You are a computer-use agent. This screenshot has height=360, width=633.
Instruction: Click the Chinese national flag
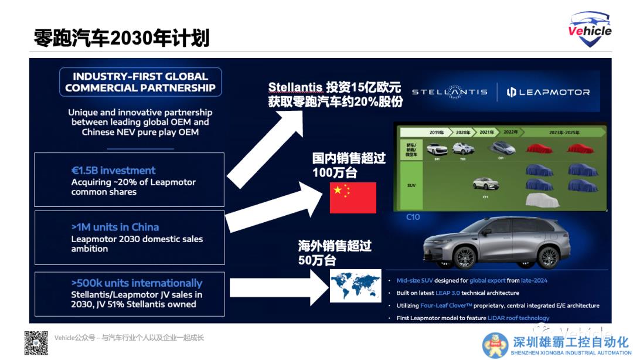click(x=353, y=198)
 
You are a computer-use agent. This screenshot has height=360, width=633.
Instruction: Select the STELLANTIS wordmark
click(x=450, y=92)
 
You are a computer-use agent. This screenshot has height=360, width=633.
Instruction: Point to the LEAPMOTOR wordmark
click(x=548, y=92)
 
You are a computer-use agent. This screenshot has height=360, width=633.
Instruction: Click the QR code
click(x=36, y=342)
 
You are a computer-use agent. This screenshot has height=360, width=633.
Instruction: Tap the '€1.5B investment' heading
click(x=113, y=171)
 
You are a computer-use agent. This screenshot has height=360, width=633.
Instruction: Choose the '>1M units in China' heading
click(x=115, y=227)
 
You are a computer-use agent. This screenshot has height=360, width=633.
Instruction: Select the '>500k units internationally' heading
click(x=137, y=283)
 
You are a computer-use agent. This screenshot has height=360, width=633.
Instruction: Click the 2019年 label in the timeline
click(x=436, y=133)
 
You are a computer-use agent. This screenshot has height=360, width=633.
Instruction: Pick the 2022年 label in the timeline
click(x=511, y=133)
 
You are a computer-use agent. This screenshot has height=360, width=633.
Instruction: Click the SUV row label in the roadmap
click(x=411, y=185)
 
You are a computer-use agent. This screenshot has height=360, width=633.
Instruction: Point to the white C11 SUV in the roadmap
click(x=485, y=184)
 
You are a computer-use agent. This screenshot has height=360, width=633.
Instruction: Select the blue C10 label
click(x=413, y=217)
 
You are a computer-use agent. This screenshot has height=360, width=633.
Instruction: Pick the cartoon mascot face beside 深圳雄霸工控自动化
click(x=495, y=345)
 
